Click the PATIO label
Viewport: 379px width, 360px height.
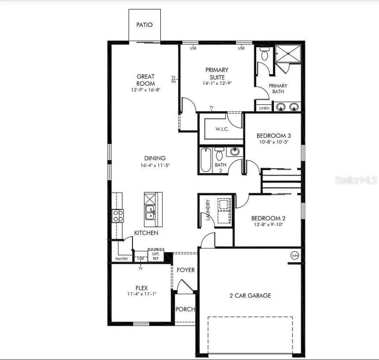[144, 25]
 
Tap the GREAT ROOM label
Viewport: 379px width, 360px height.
[145, 80]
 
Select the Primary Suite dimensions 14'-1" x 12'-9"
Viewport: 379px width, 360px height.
[217, 83]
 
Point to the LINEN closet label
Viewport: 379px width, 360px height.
[264, 108]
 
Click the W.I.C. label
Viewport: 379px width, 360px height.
[222, 129]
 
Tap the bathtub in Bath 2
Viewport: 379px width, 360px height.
[206, 160]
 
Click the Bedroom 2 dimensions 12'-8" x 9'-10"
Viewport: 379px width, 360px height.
[268, 225]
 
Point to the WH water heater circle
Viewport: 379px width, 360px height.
[295, 255]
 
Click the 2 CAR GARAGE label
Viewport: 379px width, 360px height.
[250, 296]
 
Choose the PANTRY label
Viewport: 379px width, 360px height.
[122, 259]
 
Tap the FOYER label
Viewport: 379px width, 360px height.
[186, 270]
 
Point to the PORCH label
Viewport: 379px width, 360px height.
[185, 309]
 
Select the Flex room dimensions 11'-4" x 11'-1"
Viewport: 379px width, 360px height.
[142, 294]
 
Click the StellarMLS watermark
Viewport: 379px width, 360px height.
[356, 180]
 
